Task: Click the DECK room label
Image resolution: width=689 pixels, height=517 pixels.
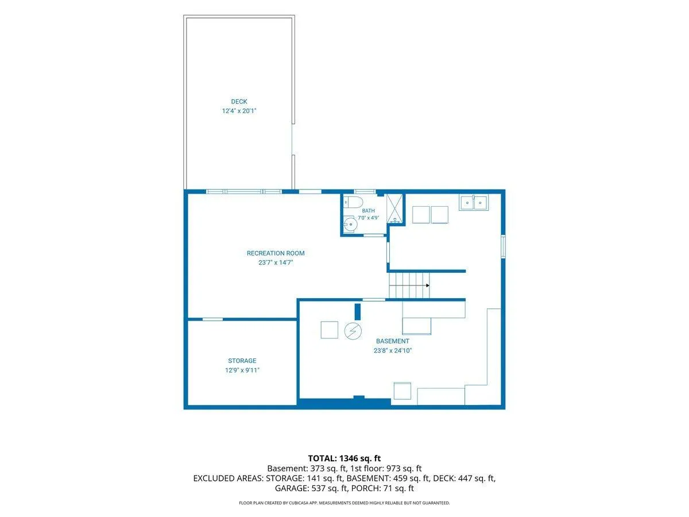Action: (x=239, y=102)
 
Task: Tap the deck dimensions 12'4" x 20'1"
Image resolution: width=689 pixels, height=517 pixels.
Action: (x=239, y=111)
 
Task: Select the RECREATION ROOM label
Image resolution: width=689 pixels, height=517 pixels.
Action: (x=275, y=253)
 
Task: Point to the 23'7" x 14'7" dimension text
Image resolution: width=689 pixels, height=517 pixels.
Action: (x=276, y=263)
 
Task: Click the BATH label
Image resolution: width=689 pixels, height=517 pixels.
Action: (x=368, y=211)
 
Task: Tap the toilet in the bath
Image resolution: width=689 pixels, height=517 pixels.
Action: (x=353, y=202)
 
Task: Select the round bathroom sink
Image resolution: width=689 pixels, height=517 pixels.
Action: (x=350, y=224)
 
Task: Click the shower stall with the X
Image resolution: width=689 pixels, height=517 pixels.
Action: (x=394, y=209)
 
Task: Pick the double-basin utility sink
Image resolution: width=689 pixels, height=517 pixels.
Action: (x=473, y=202)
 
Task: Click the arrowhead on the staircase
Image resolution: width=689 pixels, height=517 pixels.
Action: (x=428, y=285)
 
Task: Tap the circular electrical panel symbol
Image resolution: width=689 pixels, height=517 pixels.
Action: (x=353, y=331)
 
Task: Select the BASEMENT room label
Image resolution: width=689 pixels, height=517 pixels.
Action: (x=392, y=341)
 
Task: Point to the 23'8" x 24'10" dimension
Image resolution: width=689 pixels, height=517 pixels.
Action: (x=392, y=350)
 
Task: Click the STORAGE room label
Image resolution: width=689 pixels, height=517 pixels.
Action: (x=242, y=361)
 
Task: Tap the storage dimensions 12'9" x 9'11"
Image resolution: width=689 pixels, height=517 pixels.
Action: (x=242, y=370)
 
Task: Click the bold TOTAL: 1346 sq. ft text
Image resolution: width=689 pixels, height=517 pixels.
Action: (x=344, y=458)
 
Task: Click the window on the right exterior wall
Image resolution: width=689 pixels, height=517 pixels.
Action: (x=503, y=246)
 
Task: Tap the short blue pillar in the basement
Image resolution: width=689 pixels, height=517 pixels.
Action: (x=357, y=312)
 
